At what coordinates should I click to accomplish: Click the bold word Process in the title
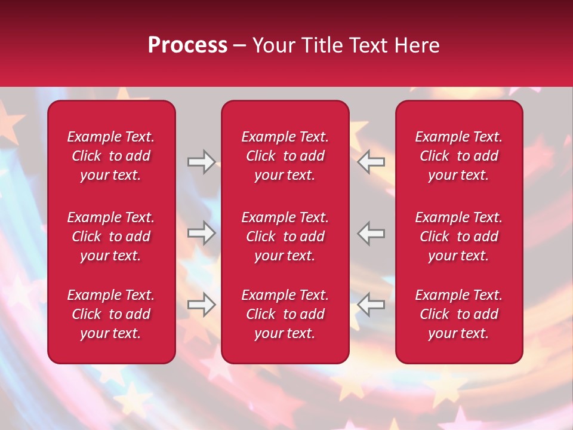tap(187, 45)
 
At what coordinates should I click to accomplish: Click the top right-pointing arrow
tap(201, 162)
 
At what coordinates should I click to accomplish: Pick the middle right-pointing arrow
tap(201, 233)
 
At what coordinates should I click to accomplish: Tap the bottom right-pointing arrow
tap(201, 305)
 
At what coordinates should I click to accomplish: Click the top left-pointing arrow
tap(371, 162)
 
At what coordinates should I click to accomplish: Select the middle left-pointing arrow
tap(371, 233)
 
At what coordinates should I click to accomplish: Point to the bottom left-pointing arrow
tap(371, 305)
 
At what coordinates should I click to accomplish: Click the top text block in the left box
tap(111, 156)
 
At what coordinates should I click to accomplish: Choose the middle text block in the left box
tap(111, 236)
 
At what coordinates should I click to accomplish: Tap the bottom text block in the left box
tap(111, 314)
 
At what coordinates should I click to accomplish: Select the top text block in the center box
tap(285, 156)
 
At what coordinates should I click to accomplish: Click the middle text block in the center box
tap(285, 236)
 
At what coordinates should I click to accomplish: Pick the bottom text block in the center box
tap(285, 314)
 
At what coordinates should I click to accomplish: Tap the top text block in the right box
tap(459, 156)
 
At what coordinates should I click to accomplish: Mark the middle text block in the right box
tap(459, 236)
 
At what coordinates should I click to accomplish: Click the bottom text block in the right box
tap(459, 314)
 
